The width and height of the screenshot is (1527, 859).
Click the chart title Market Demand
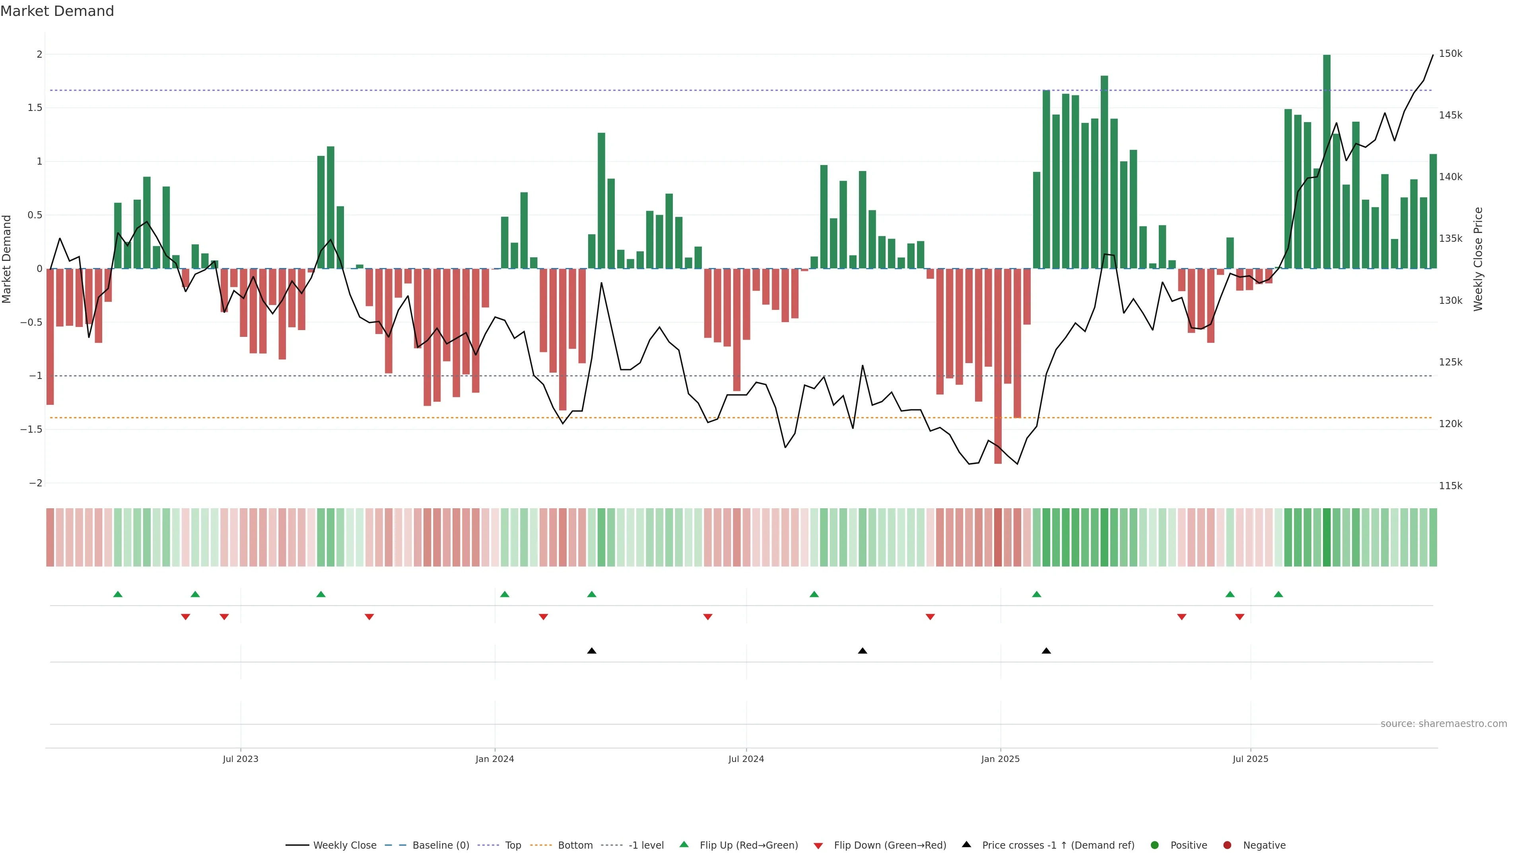tap(57, 11)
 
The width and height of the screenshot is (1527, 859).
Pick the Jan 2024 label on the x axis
tap(494, 759)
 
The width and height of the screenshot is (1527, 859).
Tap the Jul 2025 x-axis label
tap(1250, 759)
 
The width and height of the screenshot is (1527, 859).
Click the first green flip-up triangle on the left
tap(118, 594)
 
